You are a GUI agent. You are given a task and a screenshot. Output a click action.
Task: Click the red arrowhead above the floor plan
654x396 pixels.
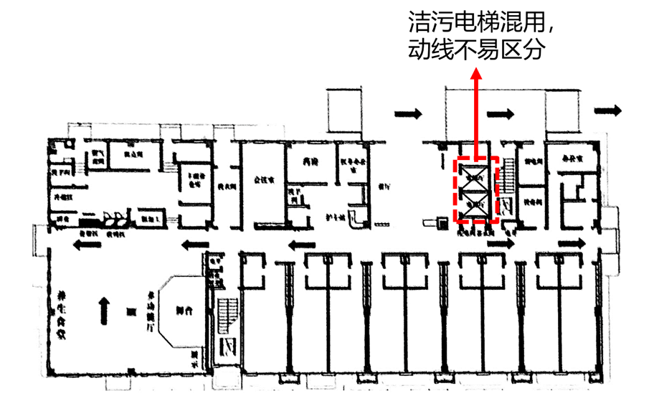coord(476,74)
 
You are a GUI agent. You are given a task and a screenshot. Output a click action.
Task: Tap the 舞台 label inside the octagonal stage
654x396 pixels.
coord(184,311)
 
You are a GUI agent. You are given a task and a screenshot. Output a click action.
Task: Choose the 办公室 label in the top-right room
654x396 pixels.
coord(571,160)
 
